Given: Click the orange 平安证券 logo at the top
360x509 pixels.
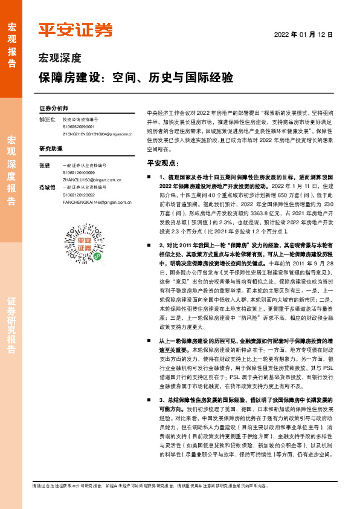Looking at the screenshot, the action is (75, 30).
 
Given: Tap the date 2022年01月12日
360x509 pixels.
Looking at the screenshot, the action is (304, 35).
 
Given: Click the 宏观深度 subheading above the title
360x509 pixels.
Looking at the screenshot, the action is (59, 59).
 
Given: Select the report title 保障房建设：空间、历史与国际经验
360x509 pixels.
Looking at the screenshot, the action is (136, 79).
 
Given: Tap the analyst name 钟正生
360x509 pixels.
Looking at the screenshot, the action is (47, 120).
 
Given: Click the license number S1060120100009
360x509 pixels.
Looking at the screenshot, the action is (80, 173).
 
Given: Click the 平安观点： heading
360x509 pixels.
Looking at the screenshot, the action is (163, 163).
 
